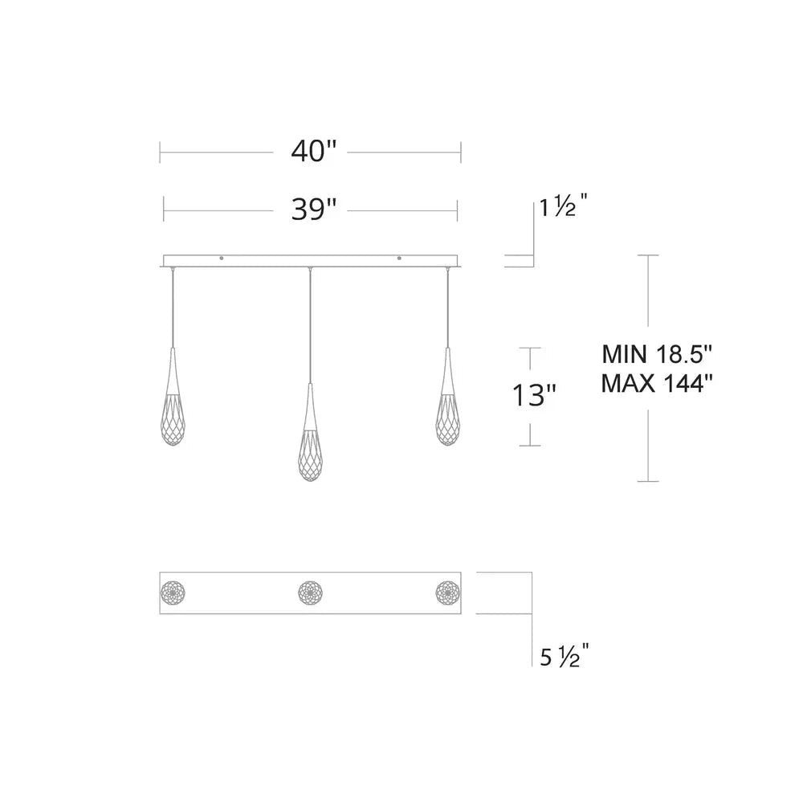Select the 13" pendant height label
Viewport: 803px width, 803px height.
coord(534,396)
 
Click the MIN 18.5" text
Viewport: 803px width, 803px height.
coord(657,353)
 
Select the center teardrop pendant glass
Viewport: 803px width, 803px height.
coord(309,450)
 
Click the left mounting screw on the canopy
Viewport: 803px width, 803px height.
coord(222,258)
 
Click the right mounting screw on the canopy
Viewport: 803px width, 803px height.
coord(399,258)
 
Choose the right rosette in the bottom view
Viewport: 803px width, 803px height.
coord(446,593)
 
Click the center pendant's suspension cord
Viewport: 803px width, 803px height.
coord(309,321)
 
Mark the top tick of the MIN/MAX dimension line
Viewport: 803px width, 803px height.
coord(648,255)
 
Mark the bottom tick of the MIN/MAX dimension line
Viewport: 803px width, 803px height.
coord(648,481)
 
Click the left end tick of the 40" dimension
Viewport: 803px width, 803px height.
coord(161,151)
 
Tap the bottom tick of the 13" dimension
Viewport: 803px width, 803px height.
coord(529,445)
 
